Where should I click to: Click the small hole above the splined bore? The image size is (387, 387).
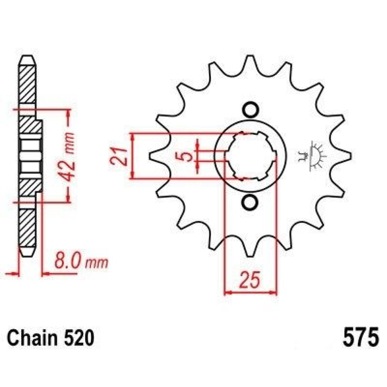250,110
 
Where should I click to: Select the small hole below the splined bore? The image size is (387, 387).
250,202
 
